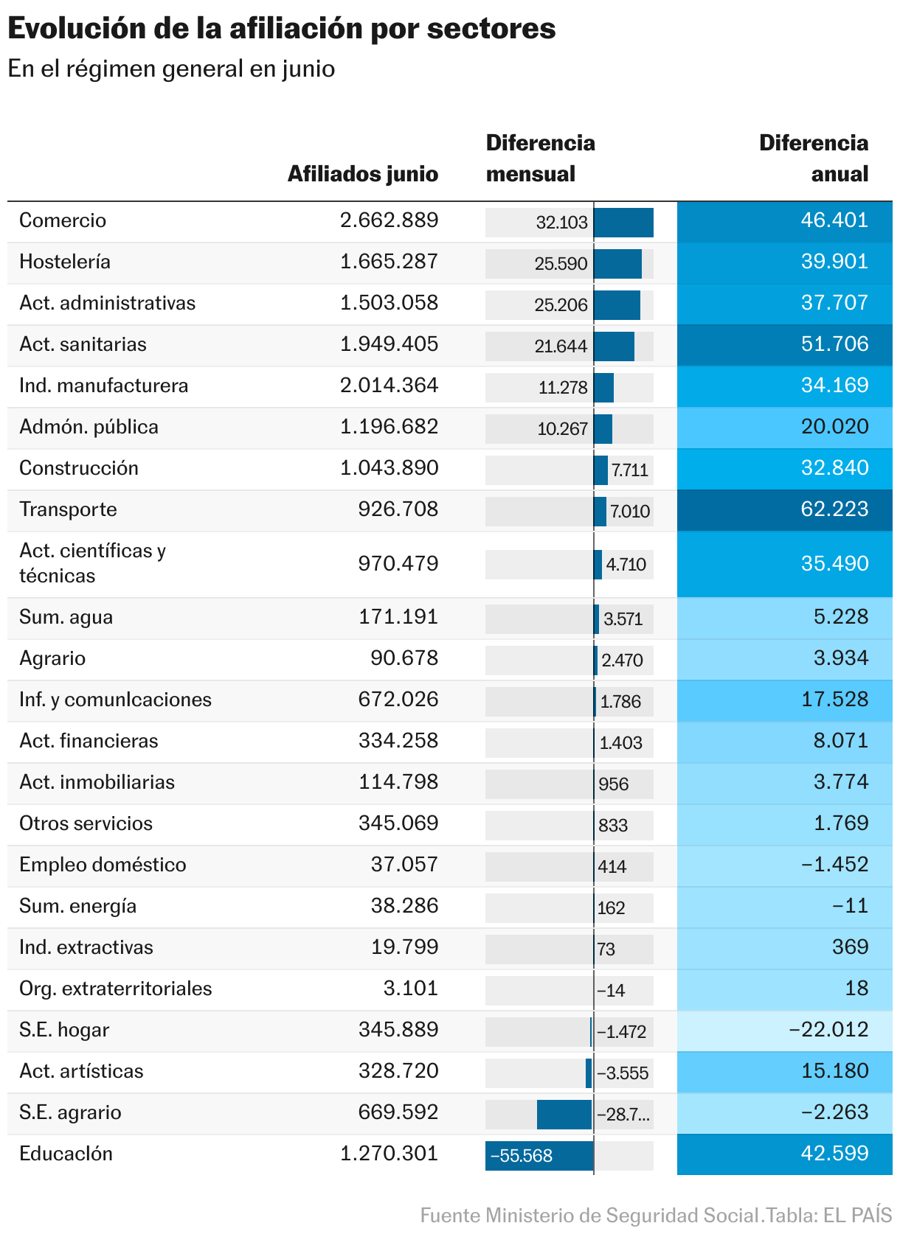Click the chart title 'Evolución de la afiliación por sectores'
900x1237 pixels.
tap(281, 29)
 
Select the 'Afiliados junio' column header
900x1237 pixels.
tap(362, 174)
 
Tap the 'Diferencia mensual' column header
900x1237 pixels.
tap(540, 158)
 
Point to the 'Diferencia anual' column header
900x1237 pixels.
tap(813, 158)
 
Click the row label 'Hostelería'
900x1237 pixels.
tap(65, 262)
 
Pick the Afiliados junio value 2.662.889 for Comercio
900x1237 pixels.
tap(389, 220)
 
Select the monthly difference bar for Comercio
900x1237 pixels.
tap(623, 223)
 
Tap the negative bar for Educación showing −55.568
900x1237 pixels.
tap(539, 1155)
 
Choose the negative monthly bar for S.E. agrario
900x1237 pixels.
tap(564, 1114)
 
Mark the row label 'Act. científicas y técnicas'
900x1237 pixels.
tap(92, 563)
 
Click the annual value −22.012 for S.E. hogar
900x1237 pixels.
tap(828, 1030)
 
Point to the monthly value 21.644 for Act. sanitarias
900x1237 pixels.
tap(561, 346)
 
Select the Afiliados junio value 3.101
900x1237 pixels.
tap(410, 989)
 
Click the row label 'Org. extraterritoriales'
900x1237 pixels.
tap(115, 989)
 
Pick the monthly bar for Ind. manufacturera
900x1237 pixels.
tap(603, 388)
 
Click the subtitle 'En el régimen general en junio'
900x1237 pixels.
tap(171, 69)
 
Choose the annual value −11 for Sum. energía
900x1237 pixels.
tap(850, 906)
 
